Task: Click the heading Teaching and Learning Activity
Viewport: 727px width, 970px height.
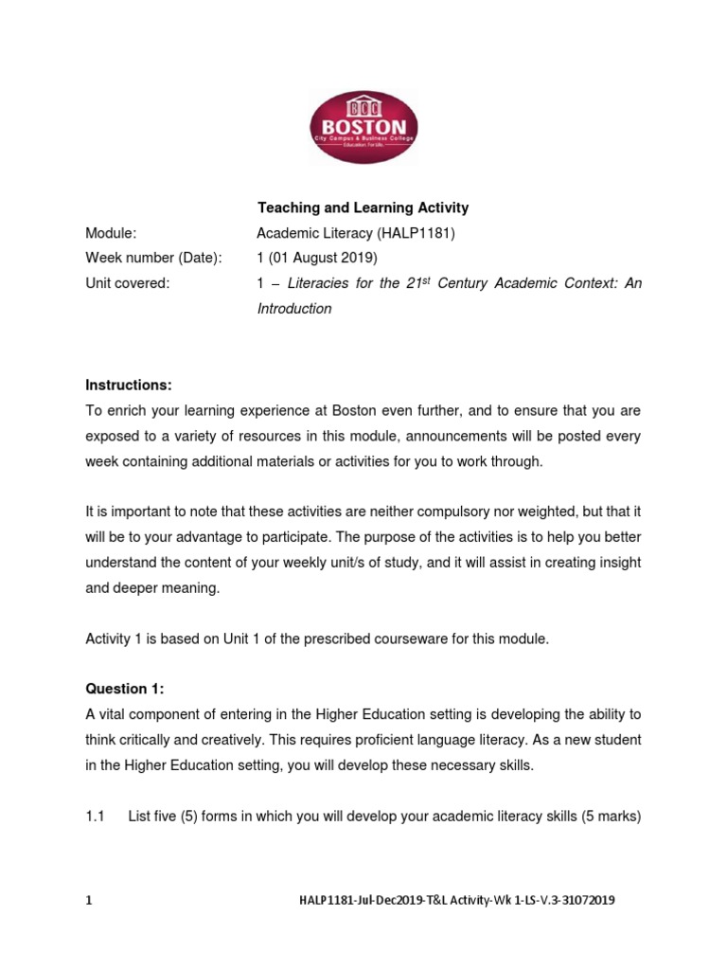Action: pos(363,207)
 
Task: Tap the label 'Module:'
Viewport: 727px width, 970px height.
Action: pos(112,233)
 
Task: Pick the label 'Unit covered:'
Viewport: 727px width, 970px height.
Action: pos(127,283)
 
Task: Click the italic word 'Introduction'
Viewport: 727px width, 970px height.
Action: pos(294,309)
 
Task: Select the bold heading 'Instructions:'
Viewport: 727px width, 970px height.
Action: pos(129,385)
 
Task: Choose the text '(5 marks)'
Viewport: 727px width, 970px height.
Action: pos(611,816)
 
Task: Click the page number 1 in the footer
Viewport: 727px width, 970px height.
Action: pos(89,901)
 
